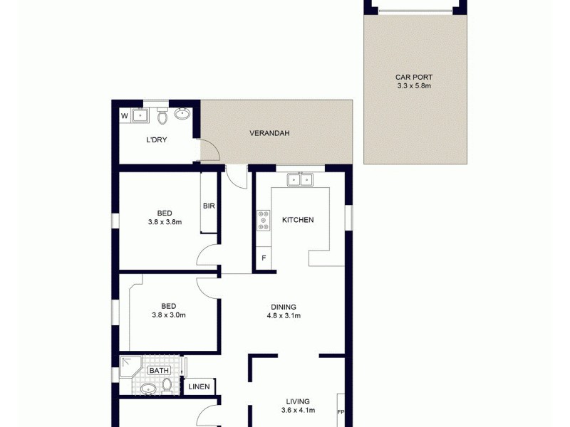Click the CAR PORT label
click(414, 78)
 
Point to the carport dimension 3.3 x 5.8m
click(414, 86)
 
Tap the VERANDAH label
click(269, 133)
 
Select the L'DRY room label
click(156, 139)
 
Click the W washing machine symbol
click(124, 115)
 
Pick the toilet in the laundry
click(162, 115)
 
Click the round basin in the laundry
click(183, 113)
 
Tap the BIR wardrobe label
click(209, 206)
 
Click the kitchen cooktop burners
click(264, 221)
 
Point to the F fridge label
click(264, 258)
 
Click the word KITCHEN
click(298, 220)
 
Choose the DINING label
click(284, 307)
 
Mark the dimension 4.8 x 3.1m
click(284, 316)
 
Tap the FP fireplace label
click(341, 411)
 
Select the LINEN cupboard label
click(199, 387)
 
